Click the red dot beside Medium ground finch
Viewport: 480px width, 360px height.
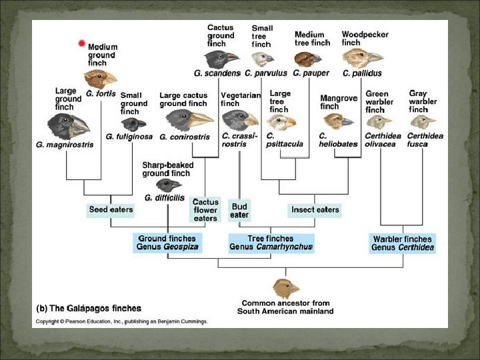(x=82, y=44)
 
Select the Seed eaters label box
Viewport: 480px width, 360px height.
(x=111, y=209)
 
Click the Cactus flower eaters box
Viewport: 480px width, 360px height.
(x=205, y=209)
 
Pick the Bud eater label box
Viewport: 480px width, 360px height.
(x=239, y=211)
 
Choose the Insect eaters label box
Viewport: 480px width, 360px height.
(x=315, y=210)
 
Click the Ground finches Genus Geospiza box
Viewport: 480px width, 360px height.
(x=167, y=243)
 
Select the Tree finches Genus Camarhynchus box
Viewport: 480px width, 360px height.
(x=271, y=243)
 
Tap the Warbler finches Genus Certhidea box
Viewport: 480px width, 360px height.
(x=403, y=243)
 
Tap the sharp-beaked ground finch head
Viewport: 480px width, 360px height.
(x=167, y=185)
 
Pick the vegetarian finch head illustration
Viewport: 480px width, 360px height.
(x=239, y=120)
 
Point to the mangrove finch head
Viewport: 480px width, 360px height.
(x=338, y=120)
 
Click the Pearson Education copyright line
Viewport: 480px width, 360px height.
(x=121, y=321)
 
